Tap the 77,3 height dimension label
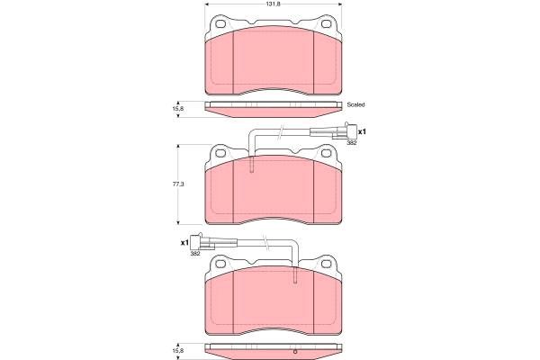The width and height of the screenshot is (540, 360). click(x=178, y=184)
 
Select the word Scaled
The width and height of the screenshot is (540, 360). click(x=355, y=104)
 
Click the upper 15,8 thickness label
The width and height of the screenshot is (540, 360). click(x=178, y=109)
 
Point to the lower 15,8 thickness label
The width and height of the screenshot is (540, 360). click(x=178, y=351)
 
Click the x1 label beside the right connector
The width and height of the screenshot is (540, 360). click(x=362, y=131)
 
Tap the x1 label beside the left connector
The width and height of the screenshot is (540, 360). click(x=184, y=242)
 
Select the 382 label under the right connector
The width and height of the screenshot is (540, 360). click(x=351, y=142)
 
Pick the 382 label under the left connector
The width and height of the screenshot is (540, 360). click(x=195, y=254)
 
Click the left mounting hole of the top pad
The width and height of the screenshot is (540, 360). click(x=220, y=24)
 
